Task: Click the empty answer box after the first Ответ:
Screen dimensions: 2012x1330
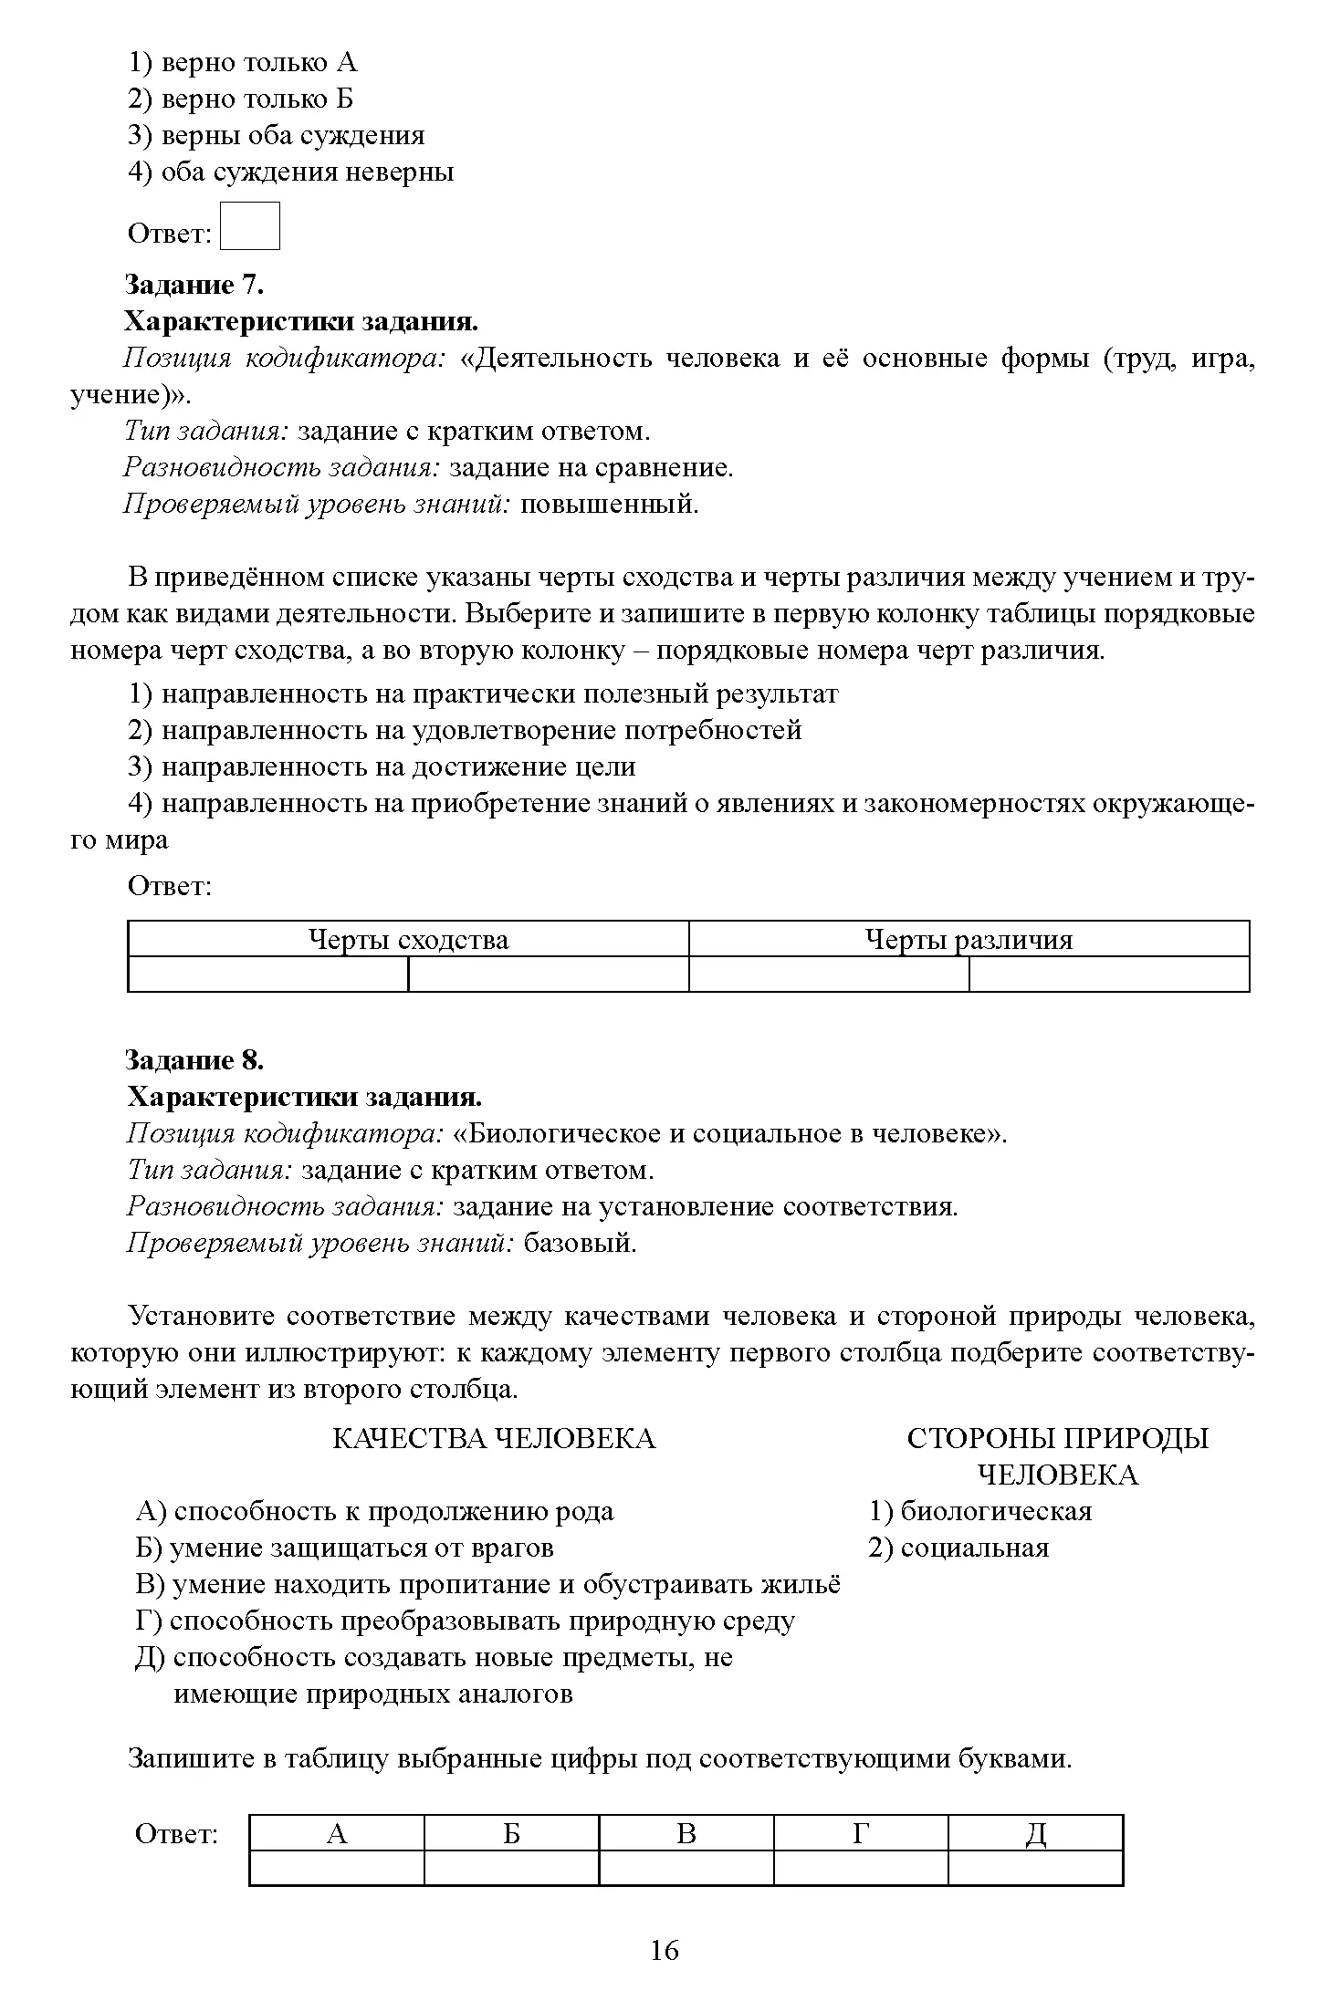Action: [249, 226]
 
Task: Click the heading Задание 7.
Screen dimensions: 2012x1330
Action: [194, 285]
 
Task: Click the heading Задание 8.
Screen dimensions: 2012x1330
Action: [194, 1059]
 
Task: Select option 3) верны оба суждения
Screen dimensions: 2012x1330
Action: [276, 135]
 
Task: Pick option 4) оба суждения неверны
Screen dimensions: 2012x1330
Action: [290, 172]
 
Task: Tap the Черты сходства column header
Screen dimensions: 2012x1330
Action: [408, 939]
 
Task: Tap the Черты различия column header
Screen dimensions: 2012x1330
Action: [969, 939]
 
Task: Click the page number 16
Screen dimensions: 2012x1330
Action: [665, 1950]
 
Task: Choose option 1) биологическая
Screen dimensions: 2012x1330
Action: [980, 1511]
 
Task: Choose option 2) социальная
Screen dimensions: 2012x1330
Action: [958, 1548]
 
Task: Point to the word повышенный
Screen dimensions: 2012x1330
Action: [609, 504]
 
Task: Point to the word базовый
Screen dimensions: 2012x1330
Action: [580, 1243]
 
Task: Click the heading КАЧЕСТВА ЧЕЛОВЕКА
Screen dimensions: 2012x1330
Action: [493, 1439]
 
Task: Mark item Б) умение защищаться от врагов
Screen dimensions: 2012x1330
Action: [344, 1548]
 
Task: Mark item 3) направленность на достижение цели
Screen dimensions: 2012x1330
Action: [382, 766]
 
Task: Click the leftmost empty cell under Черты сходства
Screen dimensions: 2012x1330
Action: [268, 974]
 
